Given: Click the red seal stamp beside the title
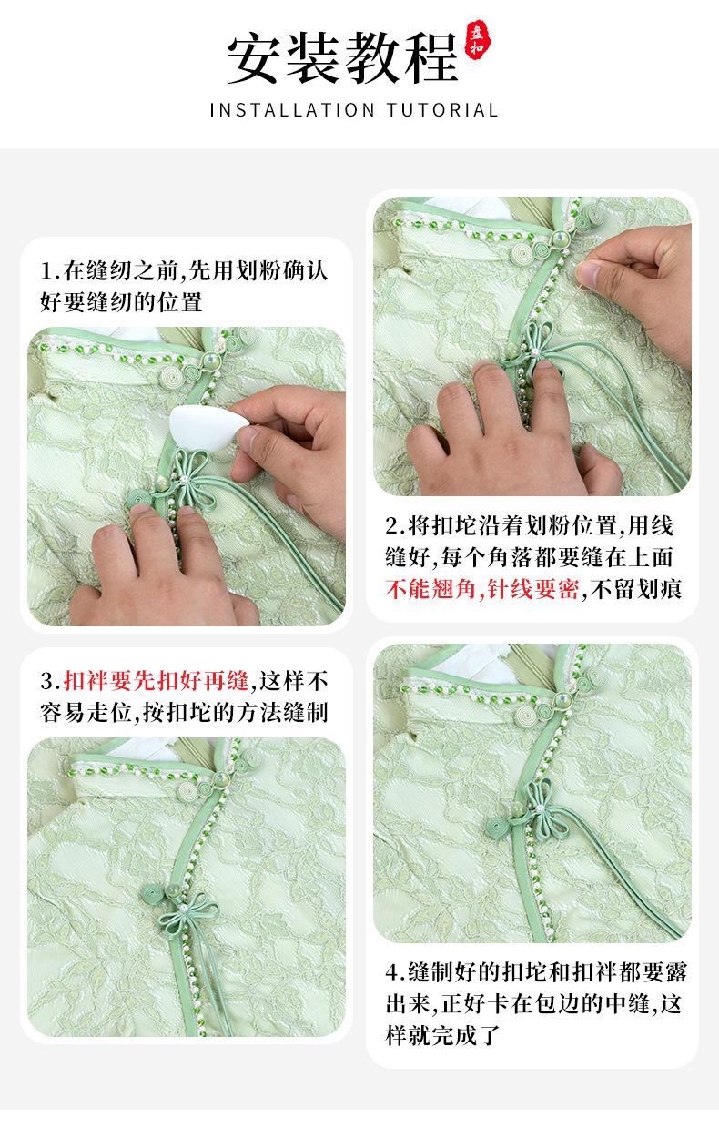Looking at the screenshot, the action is click(x=476, y=40).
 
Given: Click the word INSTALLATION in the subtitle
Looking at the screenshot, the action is click(x=292, y=110).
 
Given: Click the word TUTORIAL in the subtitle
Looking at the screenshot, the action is click(x=442, y=110).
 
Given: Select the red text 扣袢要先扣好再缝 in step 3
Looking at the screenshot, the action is click(x=156, y=681).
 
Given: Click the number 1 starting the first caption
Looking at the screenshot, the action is click(x=47, y=272).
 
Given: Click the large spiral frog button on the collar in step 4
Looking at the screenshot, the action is click(x=526, y=714).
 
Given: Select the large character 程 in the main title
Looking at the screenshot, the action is click(x=431, y=58).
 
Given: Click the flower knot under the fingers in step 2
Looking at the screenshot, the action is click(x=532, y=343).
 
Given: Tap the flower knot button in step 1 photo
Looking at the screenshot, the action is click(x=189, y=478).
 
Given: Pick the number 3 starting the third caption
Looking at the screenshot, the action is click(x=47, y=682).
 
